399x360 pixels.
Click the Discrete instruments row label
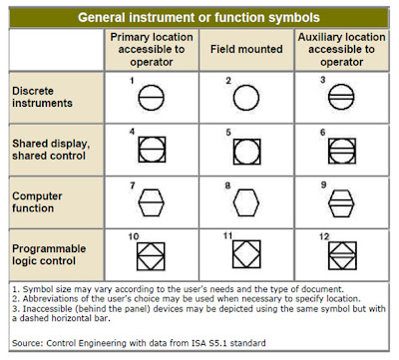pyautogui.click(x=43, y=97)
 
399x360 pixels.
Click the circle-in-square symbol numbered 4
pyautogui.click(x=151, y=149)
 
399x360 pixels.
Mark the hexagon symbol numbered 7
pyautogui.click(x=151, y=199)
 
